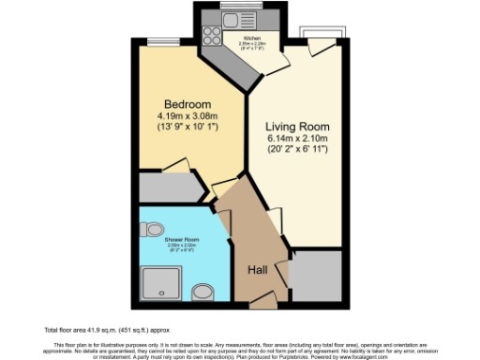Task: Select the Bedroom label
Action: tap(187, 103)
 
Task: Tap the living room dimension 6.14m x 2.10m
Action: tap(298, 141)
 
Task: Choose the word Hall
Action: tap(260, 271)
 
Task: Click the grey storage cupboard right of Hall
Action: tap(315, 277)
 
